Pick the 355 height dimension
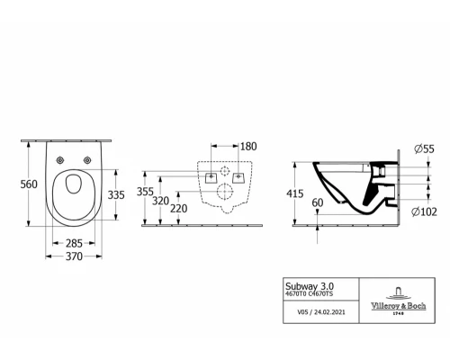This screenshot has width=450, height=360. [145, 192]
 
